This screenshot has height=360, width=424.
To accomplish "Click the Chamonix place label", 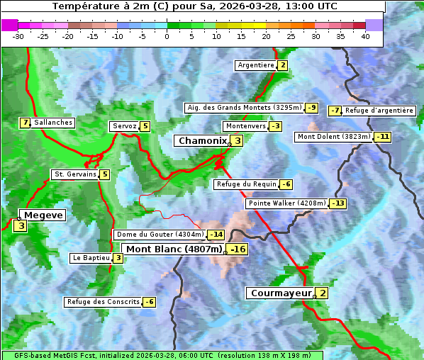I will coord(202,141).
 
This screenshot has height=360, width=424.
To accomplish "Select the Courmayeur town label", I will coord(281,293).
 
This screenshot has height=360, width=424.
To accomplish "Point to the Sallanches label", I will coord(53,123).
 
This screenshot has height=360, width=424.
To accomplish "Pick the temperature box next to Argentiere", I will coord(282,65).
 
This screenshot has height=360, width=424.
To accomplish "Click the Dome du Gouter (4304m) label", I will coord(160,235).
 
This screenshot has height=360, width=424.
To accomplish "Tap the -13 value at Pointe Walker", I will coord(338,203).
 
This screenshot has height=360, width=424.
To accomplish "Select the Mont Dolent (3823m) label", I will coord(334,137).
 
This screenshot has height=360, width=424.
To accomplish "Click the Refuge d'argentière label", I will coord(379,111).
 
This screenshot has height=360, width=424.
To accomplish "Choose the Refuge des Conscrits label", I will coord(103,302).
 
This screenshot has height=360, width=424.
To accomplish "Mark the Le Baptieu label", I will coord(91,258).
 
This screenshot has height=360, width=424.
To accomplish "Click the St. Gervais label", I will coord(74,174).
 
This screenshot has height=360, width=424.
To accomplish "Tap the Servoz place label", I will coord(124,126).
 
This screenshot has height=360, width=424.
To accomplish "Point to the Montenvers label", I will coord(245,126).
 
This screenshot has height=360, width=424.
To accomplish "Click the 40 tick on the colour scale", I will coord(365,36).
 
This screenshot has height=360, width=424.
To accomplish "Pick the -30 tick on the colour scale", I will coord(18,36).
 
